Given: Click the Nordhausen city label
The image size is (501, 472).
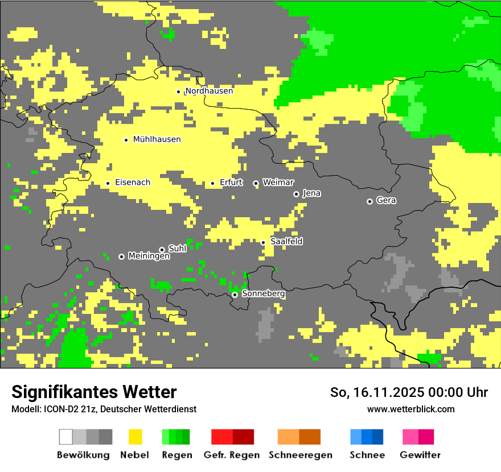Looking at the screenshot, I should pyautogui.click(x=209, y=91).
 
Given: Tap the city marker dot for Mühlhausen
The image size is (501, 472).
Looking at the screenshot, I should pyautogui.click(x=126, y=140).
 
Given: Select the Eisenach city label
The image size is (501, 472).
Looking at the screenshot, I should pyautogui.click(x=133, y=183).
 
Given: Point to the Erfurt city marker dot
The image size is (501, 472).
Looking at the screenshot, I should pyautogui.click(x=212, y=183).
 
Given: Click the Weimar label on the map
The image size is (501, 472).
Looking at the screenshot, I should pyautogui.click(x=278, y=182).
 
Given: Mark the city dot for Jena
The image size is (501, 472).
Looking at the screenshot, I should pyautogui.click(x=296, y=194).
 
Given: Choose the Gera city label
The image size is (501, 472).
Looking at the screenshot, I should pyautogui.click(x=386, y=200).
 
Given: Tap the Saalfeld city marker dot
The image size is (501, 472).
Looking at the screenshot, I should pyautogui.click(x=263, y=242).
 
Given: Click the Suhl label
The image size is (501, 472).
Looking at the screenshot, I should pyautogui.click(x=178, y=249).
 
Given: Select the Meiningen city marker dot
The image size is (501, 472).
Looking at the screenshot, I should pyautogui.click(x=121, y=256).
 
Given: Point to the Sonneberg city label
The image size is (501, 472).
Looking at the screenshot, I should pyautogui.click(x=263, y=293).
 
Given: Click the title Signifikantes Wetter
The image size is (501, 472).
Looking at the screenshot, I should pyautogui.click(x=94, y=392).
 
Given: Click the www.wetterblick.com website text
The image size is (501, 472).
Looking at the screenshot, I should pyautogui.click(x=410, y=409).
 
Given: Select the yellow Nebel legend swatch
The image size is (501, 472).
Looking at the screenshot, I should pyautogui.click(x=135, y=437).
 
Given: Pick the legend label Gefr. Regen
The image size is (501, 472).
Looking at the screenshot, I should pyautogui.click(x=232, y=455).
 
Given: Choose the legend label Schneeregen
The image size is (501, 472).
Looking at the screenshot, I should pyautogui.click(x=300, y=455).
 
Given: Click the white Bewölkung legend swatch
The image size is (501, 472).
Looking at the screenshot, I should pyautogui.click(x=66, y=437).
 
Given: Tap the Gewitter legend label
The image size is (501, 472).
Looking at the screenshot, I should pyautogui.click(x=420, y=455).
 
